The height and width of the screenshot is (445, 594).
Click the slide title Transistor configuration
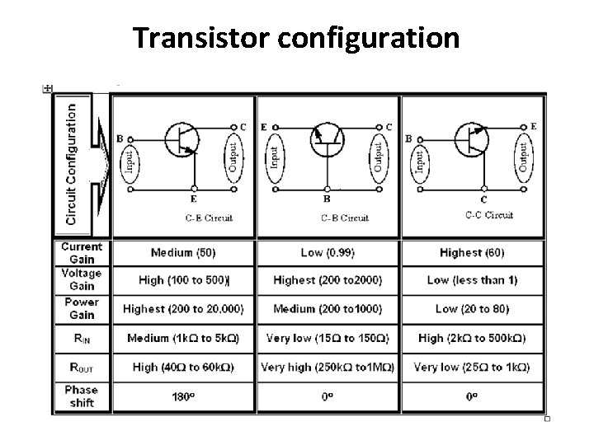click(296, 37)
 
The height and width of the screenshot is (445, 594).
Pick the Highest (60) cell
click(472, 252)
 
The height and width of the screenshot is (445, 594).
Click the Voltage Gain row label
click(82, 279)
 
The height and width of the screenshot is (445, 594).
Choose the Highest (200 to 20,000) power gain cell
click(183, 308)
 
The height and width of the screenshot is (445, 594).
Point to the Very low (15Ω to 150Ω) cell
click(328, 338)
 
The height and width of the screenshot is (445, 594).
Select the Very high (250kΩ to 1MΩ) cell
click(328, 366)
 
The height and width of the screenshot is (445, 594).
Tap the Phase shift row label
click(82, 396)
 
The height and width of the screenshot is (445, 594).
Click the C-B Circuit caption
click(345, 218)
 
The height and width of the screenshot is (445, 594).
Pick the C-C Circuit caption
click(488, 216)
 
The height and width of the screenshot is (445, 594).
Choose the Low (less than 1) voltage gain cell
click(472, 280)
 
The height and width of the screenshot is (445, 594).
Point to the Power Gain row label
click(82, 308)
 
